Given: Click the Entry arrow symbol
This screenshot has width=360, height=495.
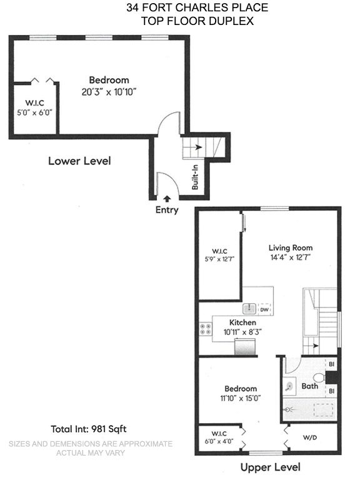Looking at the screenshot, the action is tap(167, 199).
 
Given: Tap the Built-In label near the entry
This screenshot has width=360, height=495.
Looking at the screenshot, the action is tap(195, 177).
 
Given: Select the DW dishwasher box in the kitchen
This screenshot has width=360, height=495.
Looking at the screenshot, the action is tap(264, 310).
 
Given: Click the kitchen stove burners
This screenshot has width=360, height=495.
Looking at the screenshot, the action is tap(205, 329).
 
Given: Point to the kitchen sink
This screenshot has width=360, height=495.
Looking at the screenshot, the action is tap(249, 308).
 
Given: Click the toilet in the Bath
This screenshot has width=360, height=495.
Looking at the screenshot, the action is tap(319, 377).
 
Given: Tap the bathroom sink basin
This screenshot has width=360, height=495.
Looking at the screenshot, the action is tap(289, 386).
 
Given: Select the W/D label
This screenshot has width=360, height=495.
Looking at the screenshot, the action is tap(310, 437).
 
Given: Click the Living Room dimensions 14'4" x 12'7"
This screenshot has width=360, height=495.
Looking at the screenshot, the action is tap(291, 257).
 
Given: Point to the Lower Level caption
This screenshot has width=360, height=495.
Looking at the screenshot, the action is tap(79, 161).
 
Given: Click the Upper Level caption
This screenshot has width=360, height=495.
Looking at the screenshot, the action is tap(271, 467).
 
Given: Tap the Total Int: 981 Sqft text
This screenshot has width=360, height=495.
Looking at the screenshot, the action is tap(89, 429).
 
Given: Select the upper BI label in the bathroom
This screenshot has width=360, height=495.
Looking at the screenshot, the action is tap(331, 364).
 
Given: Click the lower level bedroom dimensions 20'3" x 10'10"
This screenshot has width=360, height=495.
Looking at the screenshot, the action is tap(109, 92).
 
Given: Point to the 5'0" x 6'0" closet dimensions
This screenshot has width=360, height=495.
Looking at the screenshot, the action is tap(34, 112).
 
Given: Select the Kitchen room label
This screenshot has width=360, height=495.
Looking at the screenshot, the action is tap(242, 322).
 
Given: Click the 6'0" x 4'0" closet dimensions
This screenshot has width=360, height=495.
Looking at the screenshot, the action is tap(219, 441).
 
